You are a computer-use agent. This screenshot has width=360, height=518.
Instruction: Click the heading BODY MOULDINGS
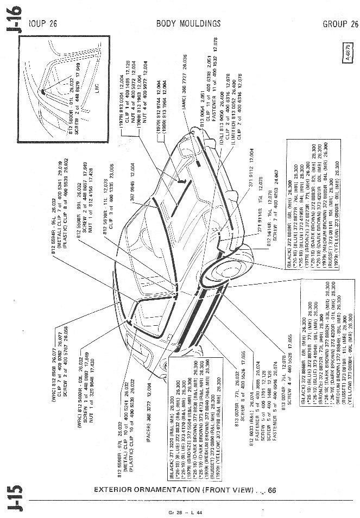(188, 23)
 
